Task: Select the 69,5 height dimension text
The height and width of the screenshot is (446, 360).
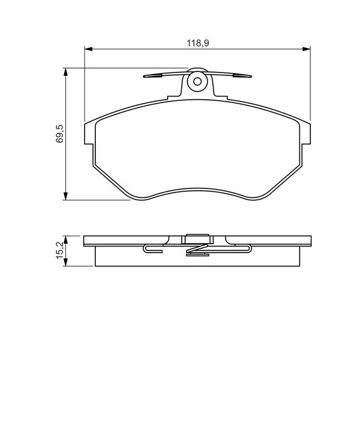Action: click(59, 134)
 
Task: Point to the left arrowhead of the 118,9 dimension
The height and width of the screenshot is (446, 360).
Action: click(87, 48)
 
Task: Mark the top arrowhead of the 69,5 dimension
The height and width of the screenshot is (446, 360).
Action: click(66, 71)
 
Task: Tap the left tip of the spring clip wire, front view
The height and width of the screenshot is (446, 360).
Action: click(144, 77)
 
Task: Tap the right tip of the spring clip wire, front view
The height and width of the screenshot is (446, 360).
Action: click(250, 77)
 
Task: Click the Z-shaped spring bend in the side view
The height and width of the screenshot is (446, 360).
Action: click(197, 251)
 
